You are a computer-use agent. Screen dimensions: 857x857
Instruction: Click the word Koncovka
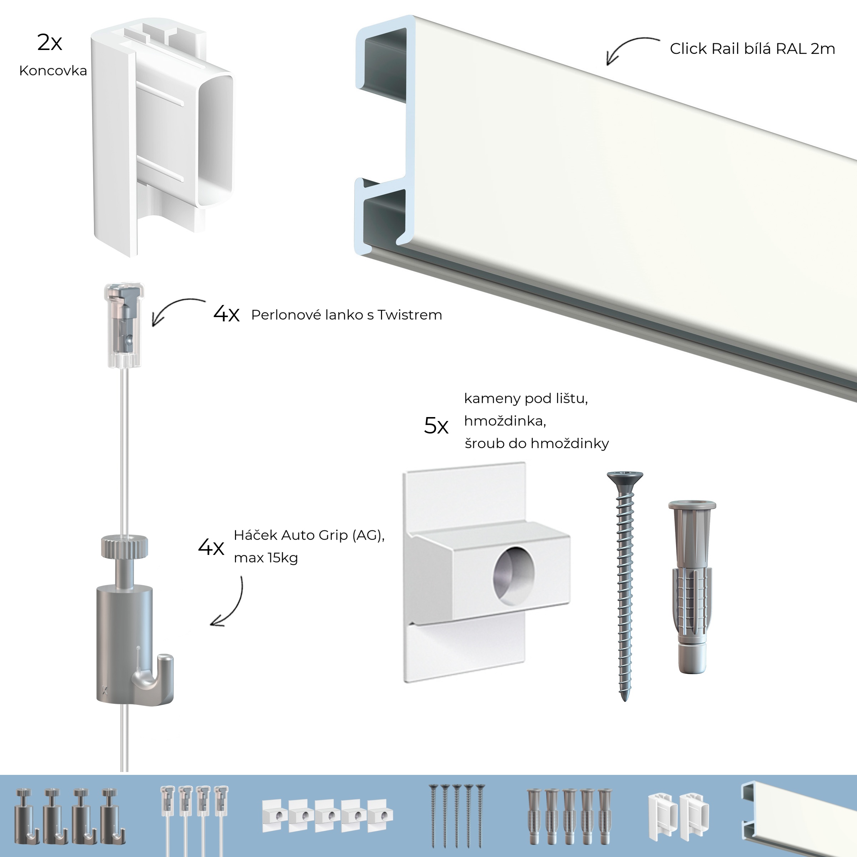tap(53, 71)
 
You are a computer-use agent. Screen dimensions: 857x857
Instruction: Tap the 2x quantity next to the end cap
tap(49, 42)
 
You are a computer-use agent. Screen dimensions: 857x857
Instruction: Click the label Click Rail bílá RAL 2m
tap(752, 49)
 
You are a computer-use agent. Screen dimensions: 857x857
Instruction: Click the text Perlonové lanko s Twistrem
tap(346, 315)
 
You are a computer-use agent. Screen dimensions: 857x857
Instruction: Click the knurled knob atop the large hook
tap(124, 546)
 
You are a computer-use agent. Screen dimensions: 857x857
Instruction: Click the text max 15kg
tap(266, 558)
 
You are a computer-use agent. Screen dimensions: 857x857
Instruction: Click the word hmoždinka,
tap(505, 421)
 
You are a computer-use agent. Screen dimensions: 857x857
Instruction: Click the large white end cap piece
tap(162, 137)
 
